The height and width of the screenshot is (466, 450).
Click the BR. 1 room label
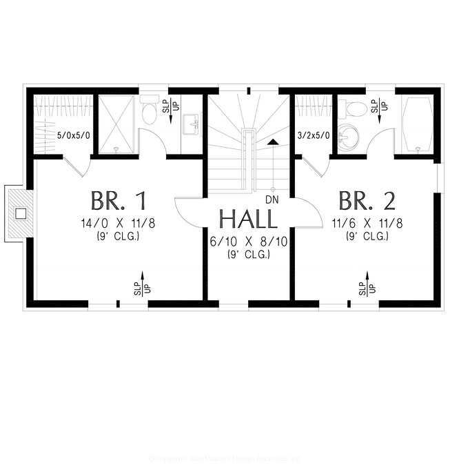point(119,201)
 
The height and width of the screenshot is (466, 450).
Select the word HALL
point(248,220)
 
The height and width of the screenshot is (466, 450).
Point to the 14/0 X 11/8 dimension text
point(119,224)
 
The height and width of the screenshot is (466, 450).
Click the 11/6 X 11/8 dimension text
point(367,224)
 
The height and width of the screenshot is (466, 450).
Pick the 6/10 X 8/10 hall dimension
point(248,242)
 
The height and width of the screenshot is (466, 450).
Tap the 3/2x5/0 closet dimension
point(312,136)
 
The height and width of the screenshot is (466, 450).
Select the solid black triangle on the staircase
point(274,142)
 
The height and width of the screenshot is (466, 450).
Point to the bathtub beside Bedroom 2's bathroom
point(417,124)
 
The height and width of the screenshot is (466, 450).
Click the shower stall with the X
point(116,124)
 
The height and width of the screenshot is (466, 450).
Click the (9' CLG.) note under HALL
point(248,254)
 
